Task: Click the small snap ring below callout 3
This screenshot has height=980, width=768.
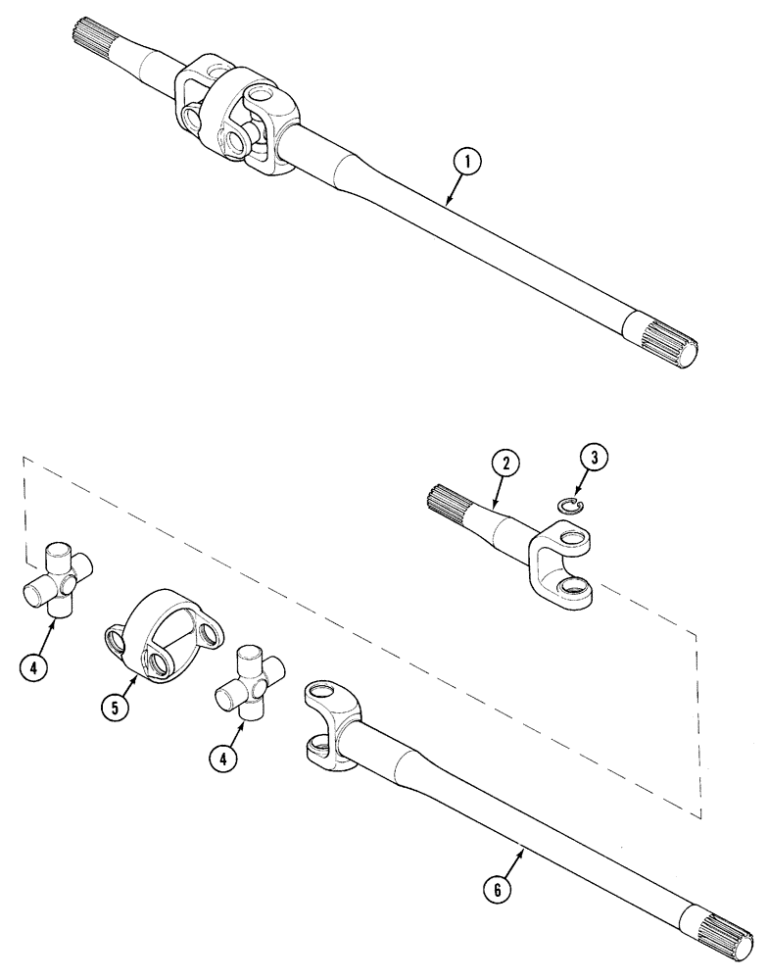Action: click(566, 505)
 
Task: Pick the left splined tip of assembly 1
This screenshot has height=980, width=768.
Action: click(89, 43)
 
